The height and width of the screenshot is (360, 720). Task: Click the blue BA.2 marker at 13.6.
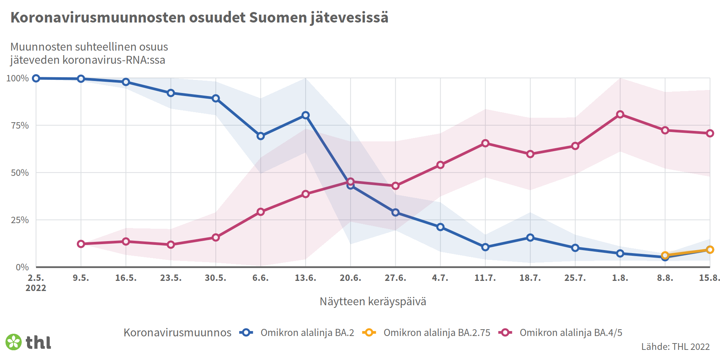click(306, 115)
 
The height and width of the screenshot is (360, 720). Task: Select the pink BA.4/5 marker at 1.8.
click(620, 114)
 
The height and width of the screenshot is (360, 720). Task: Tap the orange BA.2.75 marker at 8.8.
click(665, 255)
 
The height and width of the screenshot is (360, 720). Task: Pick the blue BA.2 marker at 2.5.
click(36, 78)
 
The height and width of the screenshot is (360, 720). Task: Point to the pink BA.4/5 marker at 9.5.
click(81, 244)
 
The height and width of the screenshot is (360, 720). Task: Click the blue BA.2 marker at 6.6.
click(261, 136)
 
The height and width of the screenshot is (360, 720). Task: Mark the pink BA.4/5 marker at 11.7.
click(485, 143)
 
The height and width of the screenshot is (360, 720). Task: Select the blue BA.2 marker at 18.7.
click(530, 237)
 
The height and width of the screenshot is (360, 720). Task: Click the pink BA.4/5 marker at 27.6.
click(395, 186)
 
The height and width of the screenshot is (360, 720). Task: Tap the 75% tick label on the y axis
click(20, 126)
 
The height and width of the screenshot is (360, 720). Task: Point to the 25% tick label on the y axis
click(20, 220)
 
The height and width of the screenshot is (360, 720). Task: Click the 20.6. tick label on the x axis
click(350, 278)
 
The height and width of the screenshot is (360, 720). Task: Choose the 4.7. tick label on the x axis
click(440, 278)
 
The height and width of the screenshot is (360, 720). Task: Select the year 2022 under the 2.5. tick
click(36, 288)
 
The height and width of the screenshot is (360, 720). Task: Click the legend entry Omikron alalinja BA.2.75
click(436, 333)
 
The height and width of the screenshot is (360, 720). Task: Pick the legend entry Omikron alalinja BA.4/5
click(570, 333)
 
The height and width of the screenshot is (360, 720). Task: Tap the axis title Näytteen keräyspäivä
click(373, 301)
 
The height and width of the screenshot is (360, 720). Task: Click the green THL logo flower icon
click(14, 342)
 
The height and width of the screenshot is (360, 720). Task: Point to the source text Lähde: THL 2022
click(675, 346)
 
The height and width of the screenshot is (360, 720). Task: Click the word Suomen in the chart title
click(277, 18)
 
